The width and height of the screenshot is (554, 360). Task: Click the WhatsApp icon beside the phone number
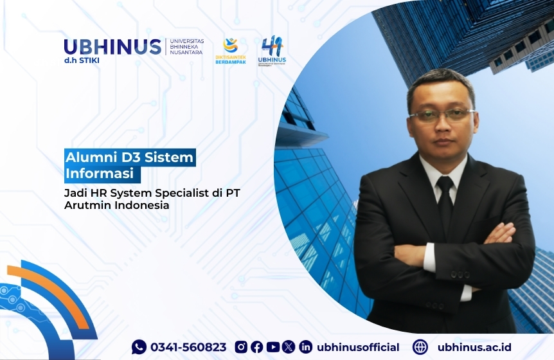click(139, 347)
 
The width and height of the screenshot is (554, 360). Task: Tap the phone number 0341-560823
click(188, 347)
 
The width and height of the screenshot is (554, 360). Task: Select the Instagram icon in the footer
click(241, 347)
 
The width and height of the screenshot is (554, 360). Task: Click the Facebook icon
click(256, 347)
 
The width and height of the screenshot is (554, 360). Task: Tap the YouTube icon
click(273, 347)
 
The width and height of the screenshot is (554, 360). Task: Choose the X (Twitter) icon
click(289, 347)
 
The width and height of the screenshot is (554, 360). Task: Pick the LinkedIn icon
click(305, 347)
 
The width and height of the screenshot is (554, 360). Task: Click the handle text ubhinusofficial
click(358, 347)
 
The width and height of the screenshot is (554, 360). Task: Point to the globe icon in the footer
click(420, 347)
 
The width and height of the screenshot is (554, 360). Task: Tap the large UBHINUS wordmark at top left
click(112, 47)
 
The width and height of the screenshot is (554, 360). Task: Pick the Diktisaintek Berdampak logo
click(230, 50)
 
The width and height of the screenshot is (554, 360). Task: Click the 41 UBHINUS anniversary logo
click(273, 50)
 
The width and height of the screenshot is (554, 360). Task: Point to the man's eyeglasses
click(442, 116)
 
